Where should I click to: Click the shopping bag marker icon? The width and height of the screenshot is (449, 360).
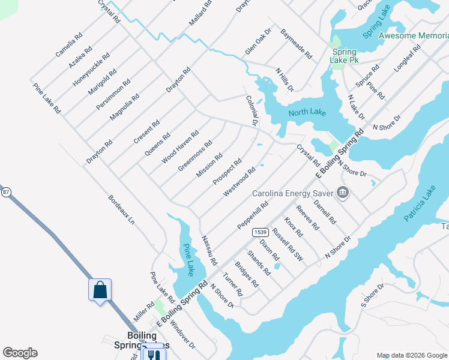(100, 290)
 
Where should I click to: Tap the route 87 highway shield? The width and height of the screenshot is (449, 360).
(6, 192)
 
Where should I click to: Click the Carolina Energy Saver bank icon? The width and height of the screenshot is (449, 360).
(343, 193)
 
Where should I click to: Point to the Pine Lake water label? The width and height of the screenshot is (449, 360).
(188, 260)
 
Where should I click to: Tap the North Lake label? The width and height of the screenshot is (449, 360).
(307, 113)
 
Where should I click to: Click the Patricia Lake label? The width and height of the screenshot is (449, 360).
(420, 204)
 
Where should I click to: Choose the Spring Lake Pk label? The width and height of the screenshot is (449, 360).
(345, 55)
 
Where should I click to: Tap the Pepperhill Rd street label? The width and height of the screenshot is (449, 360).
(252, 215)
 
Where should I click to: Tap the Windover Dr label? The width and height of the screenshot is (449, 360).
(182, 336)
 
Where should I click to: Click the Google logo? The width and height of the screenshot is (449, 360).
(20, 352)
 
